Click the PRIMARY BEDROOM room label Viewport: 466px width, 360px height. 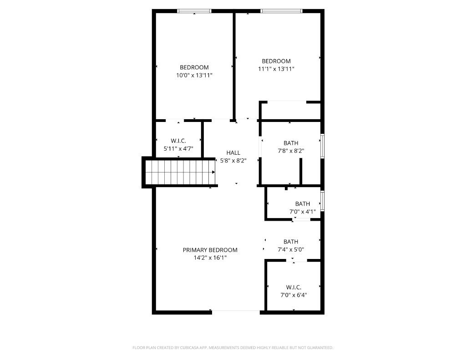pyautogui.click(x=210, y=250)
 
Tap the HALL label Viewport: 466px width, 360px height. pyautogui.click(x=233, y=153)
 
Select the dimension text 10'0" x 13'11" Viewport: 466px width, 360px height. pyautogui.click(x=194, y=75)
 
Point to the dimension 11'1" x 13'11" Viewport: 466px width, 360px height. pyautogui.click(x=276, y=69)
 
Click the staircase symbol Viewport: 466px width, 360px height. pyautogui.click(x=180, y=172)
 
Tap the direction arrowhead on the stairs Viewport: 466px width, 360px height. pyautogui.click(x=213, y=172)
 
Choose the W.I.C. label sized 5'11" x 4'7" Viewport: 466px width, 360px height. pyautogui.click(x=178, y=141)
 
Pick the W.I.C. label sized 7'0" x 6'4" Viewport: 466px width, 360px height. pyautogui.click(x=294, y=288)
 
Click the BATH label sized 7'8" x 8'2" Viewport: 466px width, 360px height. pyautogui.click(x=291, y=143)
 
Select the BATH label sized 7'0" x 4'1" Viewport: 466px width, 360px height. pyautogui.click(x=303, y=204)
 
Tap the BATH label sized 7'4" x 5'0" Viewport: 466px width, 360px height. pyautogui.click(x=291, y=242)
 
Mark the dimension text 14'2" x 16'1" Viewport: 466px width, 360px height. pyautogui.click(x=210, y=258)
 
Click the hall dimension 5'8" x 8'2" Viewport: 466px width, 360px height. pyautogui.click(x=233, y=161)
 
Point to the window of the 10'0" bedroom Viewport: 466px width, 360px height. pyautogui.click(x=194, y=11)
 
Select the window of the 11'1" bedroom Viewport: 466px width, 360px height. pyautogui.click(x=281, y=11)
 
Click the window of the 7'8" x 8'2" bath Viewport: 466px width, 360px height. pyautogui.click(x=322, y=146)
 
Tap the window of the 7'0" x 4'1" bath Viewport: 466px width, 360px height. pyautogui.click(x=322, y=201)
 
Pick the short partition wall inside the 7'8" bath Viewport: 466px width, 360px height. pyautogui.click(x=301, y=171)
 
